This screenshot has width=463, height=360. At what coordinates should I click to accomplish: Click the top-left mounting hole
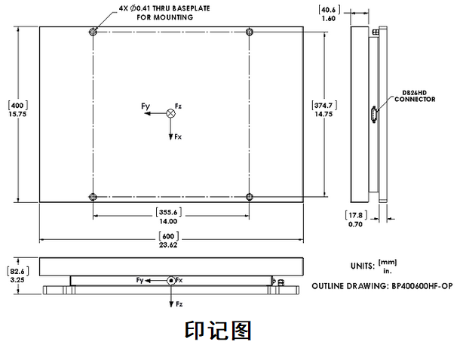coord(93,32)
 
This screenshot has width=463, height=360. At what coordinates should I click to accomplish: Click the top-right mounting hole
coord(249,32)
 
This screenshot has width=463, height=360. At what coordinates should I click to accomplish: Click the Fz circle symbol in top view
coord(170,113)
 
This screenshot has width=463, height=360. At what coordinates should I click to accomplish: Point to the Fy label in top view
coord(146,107)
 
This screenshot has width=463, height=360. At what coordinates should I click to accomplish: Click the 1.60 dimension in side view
coord(328,18)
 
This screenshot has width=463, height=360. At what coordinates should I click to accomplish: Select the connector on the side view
coord(373,114)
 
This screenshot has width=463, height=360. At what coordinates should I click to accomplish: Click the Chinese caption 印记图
coord(217,331)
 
